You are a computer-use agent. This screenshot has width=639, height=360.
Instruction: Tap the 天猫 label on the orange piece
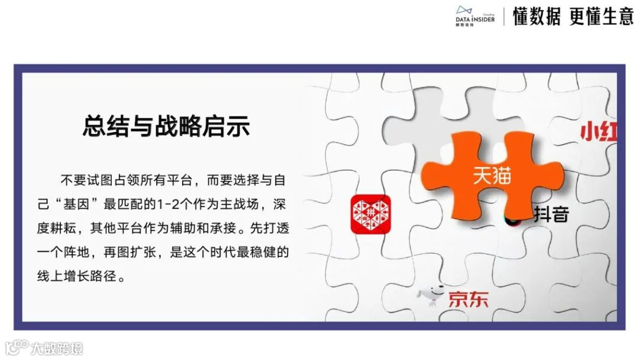pos(491,176)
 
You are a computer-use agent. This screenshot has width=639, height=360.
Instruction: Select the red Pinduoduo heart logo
pos(370,214)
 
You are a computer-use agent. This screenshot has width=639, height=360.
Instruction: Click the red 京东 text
pos(468,299)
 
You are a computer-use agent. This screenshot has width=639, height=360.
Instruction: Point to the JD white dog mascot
pos(431,295)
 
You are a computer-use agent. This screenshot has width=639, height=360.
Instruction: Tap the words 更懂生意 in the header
pos(601,17)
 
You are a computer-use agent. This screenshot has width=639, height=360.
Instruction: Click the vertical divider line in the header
pos(504,17)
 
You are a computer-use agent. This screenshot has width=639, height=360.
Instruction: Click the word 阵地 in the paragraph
pos(79,253)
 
